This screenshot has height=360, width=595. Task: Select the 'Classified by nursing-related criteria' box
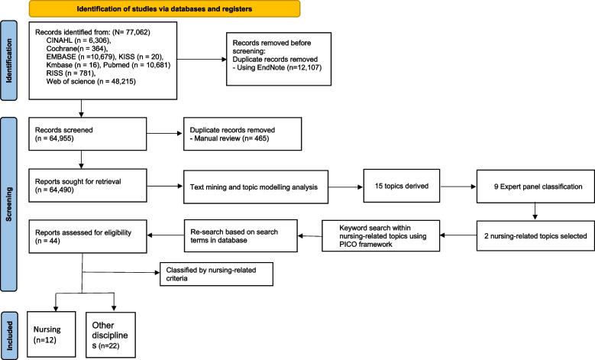pyautogui.click(x=210, y=275)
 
